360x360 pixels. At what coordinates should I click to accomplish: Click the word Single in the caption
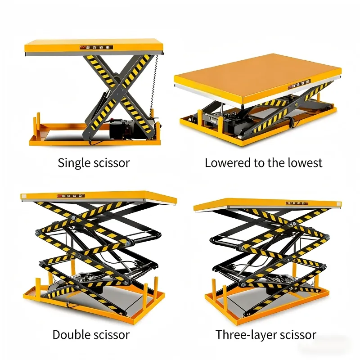click(74, 163)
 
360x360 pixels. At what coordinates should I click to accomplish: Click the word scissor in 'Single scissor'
click(112, 163)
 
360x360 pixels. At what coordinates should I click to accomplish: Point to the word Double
click(71, 334)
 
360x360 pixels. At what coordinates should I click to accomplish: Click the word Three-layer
click(246, 335)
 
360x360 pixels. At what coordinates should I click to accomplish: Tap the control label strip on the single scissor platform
click(96, 48)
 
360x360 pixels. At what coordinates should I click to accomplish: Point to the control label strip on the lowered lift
click(299, 84)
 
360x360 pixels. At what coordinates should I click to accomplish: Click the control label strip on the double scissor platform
click(71, 196)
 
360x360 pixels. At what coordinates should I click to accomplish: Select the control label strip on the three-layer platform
click(297, 203)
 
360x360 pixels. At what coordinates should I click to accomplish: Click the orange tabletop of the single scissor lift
click(94, 47)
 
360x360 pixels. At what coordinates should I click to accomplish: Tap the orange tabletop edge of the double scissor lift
click(99, 197)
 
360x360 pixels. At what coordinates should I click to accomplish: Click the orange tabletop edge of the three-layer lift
click(267, 204)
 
